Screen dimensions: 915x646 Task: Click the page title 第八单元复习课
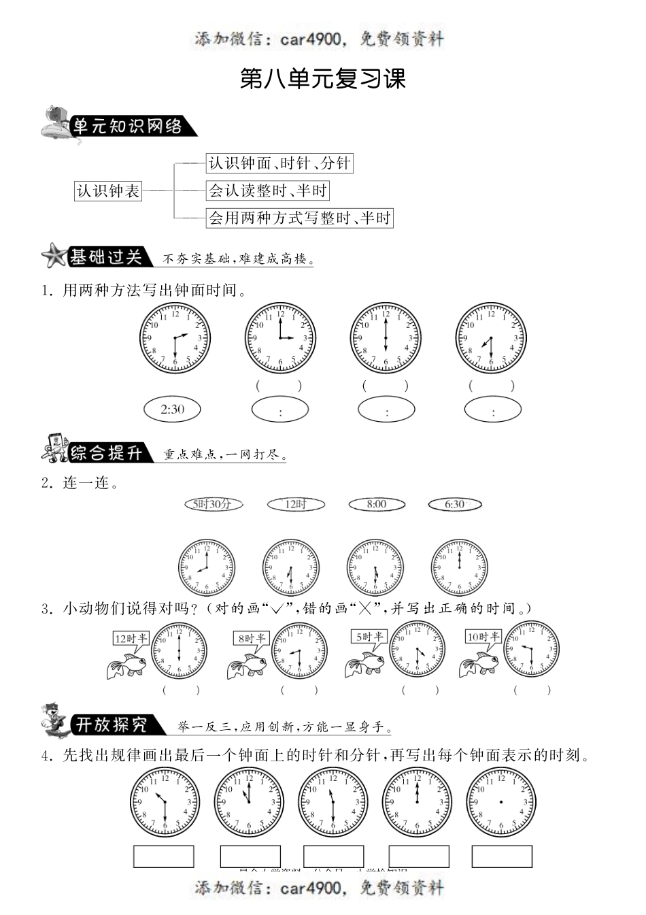pyautogui.click(x=323, y=80)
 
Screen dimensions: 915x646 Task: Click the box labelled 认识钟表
pyautogui.click(x=108, y=190)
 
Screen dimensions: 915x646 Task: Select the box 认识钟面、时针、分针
pyautogui.click(x=279, y=163)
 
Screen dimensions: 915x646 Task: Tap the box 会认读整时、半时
pyautogui.click(x=267, y=190)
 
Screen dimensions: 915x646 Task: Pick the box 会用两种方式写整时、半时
pyautogui.click(x=299, y=218)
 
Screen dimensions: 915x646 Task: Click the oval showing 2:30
pyautogui.click(x=173, y=409)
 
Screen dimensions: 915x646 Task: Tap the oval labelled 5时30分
pyautogui.click(x=214, y=504)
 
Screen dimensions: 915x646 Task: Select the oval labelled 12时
pyautogui.click(x=296, y=504)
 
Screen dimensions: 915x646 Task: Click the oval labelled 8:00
pyautogui.click(x=377, y=504)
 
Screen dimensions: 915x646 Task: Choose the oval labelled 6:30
pyautogui.click(x=455, y=504)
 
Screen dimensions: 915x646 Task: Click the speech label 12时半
pyautogui.click(x=131, y=638)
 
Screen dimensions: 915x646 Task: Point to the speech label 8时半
pyautogui.click(x=251, y=638)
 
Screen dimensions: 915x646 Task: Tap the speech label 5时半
pyautogui.click(x=369, y=637)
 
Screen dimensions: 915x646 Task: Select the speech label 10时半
pyautogui.click(x=483, y=637)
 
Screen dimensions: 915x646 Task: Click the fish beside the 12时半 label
pyautogui.click(x=126, y=665)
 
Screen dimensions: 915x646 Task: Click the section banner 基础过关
pyautogui.click(x=105, y=257)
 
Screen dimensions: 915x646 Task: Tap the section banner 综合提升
pyautogui.click(x=105, y=452)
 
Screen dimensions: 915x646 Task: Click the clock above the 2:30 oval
pyautogui.click(x=175, y=337)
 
